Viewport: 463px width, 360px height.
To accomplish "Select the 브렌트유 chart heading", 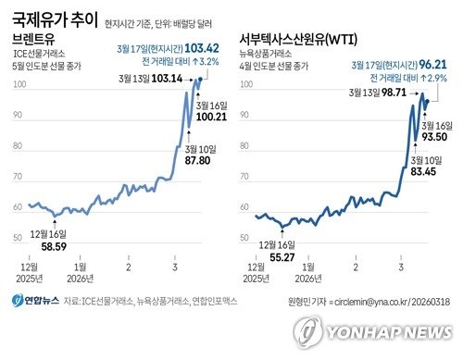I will click(x=34, y=42).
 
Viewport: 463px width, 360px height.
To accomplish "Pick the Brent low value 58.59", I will click(x=47, y=246).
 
